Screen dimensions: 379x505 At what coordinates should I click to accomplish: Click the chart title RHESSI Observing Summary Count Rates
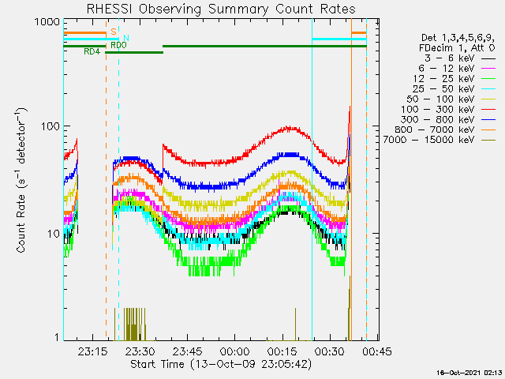point(220,9)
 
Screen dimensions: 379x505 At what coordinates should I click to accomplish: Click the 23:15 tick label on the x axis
point(93,352)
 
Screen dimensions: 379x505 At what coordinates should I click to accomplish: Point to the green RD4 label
point(92,51)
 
